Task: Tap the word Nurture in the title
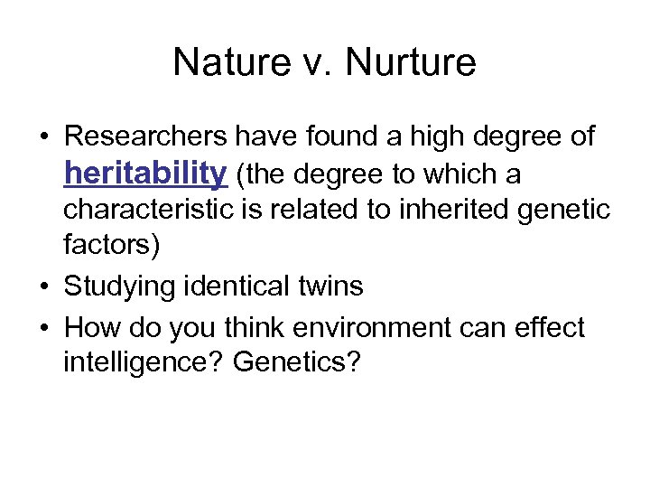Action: point(411,61)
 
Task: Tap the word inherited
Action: point(436,211)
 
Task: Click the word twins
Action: point(330,287)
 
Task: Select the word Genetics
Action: point(296,363)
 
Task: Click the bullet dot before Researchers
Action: point(44,137)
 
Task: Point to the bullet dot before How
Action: point(44,327)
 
